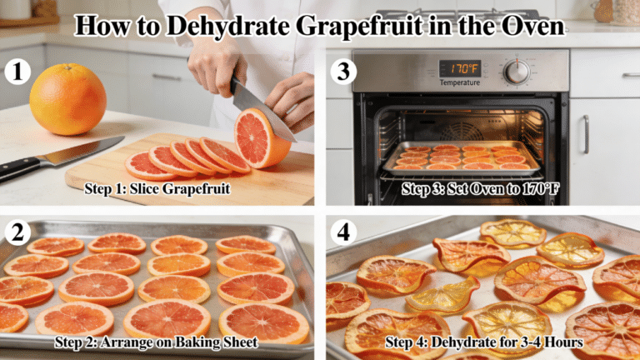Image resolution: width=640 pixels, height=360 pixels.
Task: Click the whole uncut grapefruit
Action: (x=67, y=99)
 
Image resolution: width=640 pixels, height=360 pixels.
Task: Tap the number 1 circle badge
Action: (x=15, y=72)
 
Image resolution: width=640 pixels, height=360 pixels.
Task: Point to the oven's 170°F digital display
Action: (x=460, y=68)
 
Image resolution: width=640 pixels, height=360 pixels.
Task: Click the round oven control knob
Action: (x=517, y=72)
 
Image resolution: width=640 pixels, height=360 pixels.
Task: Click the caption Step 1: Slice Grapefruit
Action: (x=157, y=188)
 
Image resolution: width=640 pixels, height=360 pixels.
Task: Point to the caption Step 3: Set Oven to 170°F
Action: (x=480, y=189)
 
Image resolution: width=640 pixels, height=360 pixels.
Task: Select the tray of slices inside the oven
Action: (x=461, y=157)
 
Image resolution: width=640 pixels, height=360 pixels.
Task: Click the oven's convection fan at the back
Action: (x=460, y=129)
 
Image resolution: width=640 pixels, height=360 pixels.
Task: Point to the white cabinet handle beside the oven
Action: (x=585, y=134)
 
